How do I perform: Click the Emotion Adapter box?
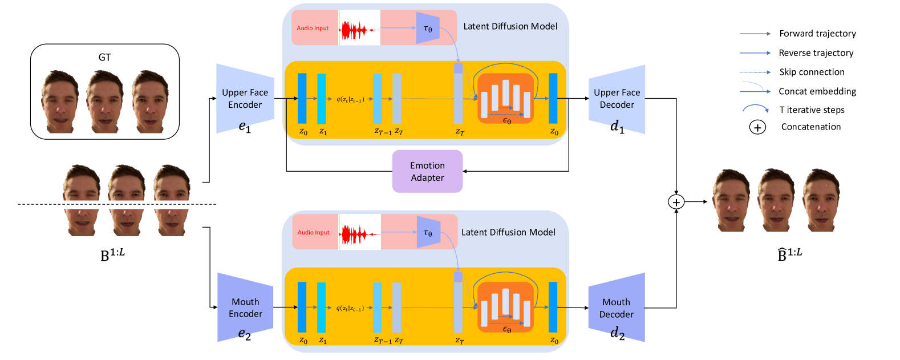pyautogui.click(x=427, y=171)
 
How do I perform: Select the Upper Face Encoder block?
pyautogui.click(x=245, y=99)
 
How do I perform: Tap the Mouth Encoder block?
pyautogui.click(x=245, y=308)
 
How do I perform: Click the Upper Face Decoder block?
pyautogui.click(x=617, y=99)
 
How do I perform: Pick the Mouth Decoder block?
pyautogui.click(x=617, y=308)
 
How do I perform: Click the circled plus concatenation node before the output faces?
pyautogui.click(x=676, y=202)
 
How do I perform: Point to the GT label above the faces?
pyautogui.click(x=104, y=57)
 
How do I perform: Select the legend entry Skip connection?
pyautogui.click(x=812, y=72)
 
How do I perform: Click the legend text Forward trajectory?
pyautogui.click(x=817, y=34)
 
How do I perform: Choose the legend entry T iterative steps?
pyautogui.click(x=812, y=110)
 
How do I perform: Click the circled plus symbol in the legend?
pyautogui.click(x=757, y=127)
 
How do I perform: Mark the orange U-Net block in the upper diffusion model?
pyautogui.click(x=505, y=98)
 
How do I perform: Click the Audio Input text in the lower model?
pyautogui.click(x=313, y=233)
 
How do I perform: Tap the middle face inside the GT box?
pyautogui.click(x=105, y=102)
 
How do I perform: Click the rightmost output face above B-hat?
pyautogui.click(x=821, y=200)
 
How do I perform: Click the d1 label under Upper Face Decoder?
pyautogui.click(x=617, y=126)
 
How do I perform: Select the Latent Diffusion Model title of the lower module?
pyautogui.click(x=508, y=232)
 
